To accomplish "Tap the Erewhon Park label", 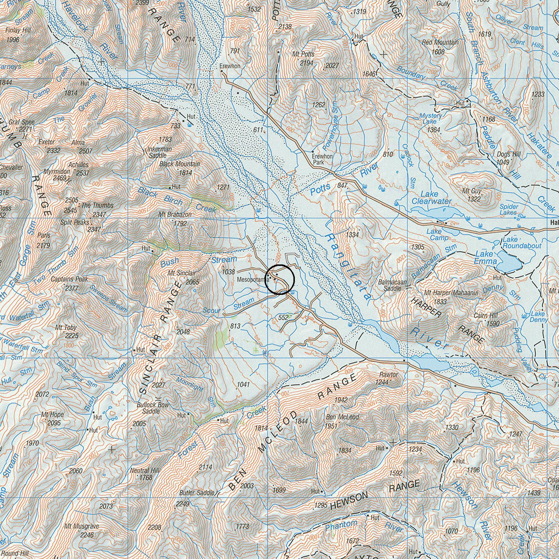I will (322, 159).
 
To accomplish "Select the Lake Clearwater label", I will (432, 198).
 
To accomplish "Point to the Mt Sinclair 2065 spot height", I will (192, 282).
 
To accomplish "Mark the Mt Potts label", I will (303, 54).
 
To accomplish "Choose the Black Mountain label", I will (180, 164).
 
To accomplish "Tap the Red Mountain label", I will (440, 43).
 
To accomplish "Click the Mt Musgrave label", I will (82, 526).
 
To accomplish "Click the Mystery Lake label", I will (430, 118).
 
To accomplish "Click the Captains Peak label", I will (69, 279).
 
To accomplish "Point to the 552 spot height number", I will (283, 317).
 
